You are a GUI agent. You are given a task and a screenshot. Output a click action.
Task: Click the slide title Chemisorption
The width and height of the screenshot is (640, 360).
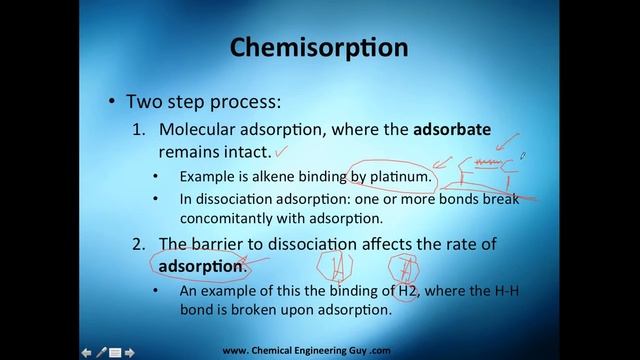point(319,47)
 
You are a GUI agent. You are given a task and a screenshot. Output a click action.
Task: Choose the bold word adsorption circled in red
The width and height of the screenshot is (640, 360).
point(198,266)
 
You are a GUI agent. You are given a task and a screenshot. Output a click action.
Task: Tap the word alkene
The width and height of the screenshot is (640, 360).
point(266,177)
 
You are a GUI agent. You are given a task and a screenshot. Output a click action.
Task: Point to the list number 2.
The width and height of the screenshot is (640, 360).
point(139,243)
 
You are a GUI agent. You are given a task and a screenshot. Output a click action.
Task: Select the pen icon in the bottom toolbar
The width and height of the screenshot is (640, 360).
point(101,351)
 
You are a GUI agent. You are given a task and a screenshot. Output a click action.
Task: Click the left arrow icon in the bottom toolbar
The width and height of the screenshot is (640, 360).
point(87,351)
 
